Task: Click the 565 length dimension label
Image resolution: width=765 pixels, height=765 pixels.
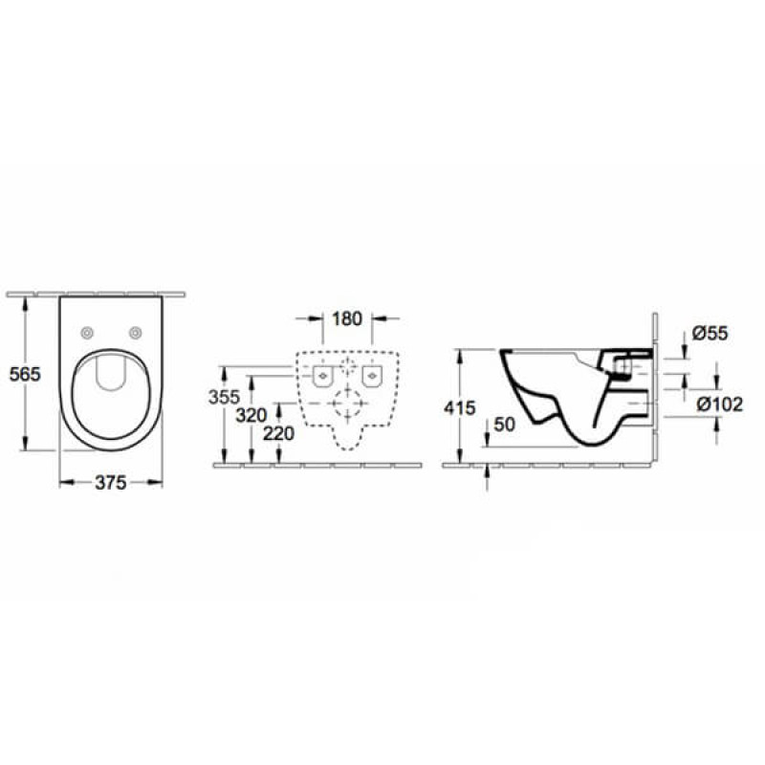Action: pyautogui.click(x=26, y=375)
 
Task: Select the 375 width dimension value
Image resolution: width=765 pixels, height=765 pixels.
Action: pyautogui.click(x=111, y=483)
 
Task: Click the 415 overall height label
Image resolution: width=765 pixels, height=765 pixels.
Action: pyautogui.click(x=461, y=408)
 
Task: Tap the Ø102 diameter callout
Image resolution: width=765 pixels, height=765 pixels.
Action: pyautogui.click(x=719, y=404)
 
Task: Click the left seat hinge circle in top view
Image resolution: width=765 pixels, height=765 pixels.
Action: pyautogui.click(x=88, y=333)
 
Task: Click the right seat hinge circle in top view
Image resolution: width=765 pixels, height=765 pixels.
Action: pyautogui.click(x=136, y=333)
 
